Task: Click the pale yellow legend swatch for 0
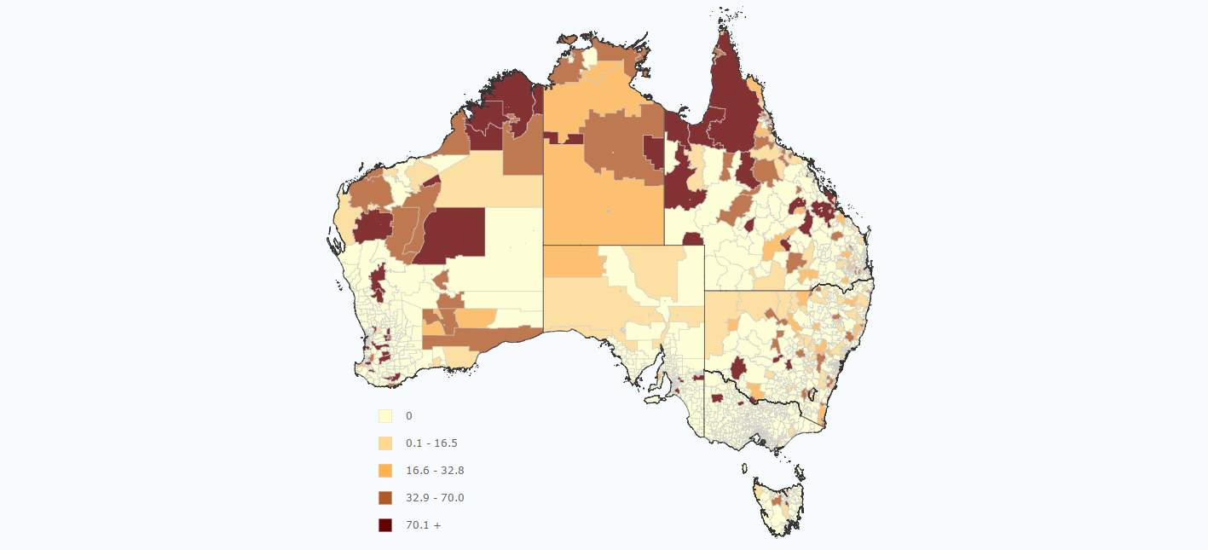[x=385, y=416]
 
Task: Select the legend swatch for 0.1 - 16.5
[x=385, y=443]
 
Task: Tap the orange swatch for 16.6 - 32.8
[x=385, y=471]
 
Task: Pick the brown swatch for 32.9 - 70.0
[x=385, y=498]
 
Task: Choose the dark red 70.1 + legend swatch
[x=385, y=525]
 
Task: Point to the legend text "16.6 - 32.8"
[x=435, y=471]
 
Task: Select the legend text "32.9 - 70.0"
[x=435, y=498]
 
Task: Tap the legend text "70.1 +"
[x=424, y=525]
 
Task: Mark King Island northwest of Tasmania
[x=744, y=468]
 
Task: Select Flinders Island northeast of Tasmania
[x=800, y=472]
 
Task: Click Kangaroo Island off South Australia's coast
[x=652, y=398]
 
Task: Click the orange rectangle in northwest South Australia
[x=571, y=262]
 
